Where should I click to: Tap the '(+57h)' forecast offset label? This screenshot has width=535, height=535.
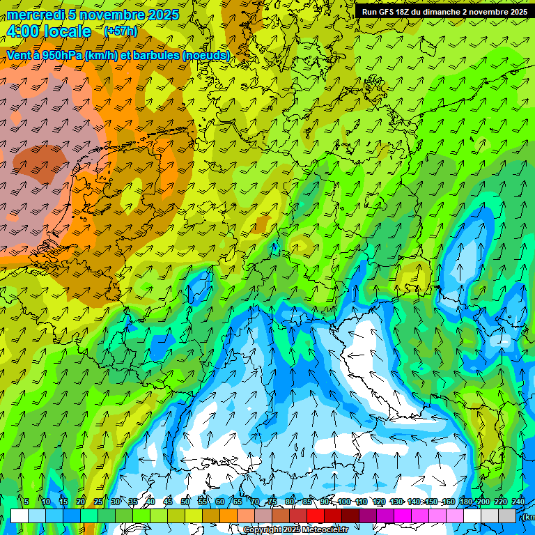[x=121, y=31]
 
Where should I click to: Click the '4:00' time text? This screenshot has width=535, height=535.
[x=22, y=31]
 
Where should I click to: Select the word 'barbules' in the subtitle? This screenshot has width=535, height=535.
[x=154, y=55]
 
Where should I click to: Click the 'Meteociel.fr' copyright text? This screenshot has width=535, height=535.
[x=324, y=530]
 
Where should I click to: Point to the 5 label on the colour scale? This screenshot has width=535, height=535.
[x=26, y=502]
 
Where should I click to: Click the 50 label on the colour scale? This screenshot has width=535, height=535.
[x=185, y=502]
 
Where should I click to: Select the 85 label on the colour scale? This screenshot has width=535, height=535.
[x=307, y=502]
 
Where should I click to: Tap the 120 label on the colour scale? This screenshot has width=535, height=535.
[x=379, y=502]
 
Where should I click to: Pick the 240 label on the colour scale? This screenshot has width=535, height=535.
[x=518, y=502]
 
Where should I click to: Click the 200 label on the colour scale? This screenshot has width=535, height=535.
[x=482, y=502]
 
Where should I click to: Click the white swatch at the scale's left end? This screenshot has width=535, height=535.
[x=20, y=515]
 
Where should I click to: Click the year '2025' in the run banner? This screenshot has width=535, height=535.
[x=518, y=12]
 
